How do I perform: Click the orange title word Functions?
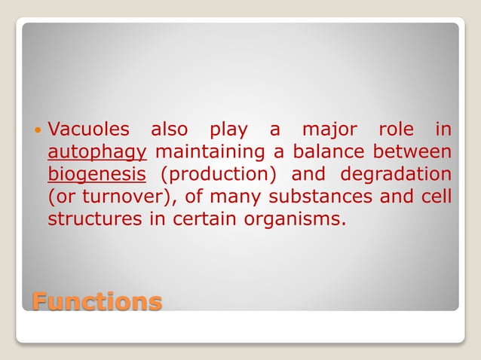tap(97, 301)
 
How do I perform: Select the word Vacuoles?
tap(92, 130)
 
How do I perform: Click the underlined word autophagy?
tap(97, 152)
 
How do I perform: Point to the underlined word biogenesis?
tap(97, 175)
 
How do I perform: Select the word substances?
tap(323, 197)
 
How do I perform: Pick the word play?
tap(226, 130)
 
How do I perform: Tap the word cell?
tap(437, 197)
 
